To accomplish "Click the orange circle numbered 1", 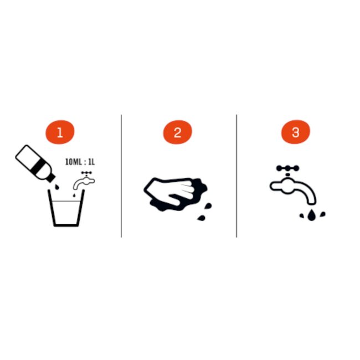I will click(60, 132).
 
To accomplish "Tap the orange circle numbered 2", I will click(177, 132).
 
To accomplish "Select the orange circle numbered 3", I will click(295, 132).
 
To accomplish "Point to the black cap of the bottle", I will click(52, 177).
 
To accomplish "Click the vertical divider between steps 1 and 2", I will click(121, 176).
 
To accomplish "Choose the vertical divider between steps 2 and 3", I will click(236, 176).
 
